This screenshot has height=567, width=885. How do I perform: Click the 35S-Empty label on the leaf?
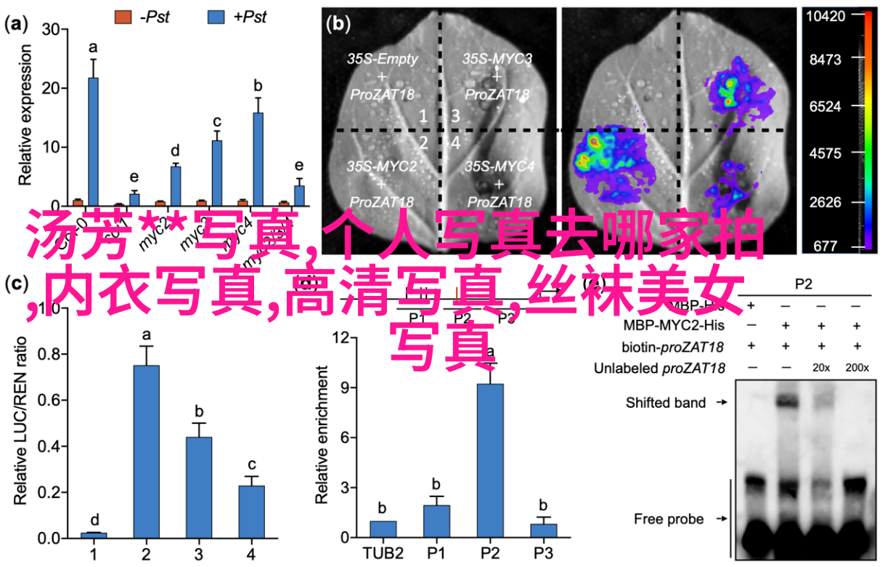coord(382,60)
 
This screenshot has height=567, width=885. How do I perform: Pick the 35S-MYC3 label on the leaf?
coord(497,58)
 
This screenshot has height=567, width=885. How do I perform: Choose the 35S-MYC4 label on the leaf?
coord(499,166)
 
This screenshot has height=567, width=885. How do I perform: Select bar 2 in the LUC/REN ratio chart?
coord(145,451)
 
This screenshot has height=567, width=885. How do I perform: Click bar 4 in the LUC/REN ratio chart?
coord(250,511)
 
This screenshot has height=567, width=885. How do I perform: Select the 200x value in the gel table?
coord(857,369)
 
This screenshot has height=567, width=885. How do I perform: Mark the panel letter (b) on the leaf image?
coord(338,25)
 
